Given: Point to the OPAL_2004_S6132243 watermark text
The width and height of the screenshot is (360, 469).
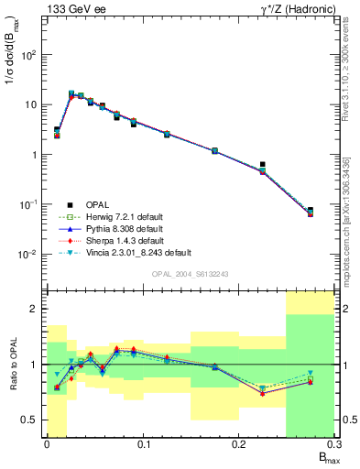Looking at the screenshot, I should click(x=190, y=274).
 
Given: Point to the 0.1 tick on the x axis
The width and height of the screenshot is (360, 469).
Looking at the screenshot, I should click(x=143, y=445).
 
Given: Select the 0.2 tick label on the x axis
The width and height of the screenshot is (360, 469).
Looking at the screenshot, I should click(x=239, y=445).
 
